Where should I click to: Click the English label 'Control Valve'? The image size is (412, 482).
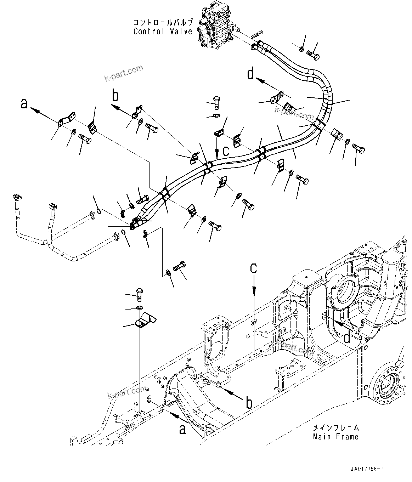[x=163, y=31]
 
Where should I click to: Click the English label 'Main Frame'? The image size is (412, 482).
[x=335, y=437]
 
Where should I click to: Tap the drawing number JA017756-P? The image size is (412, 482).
[x=366, y=469]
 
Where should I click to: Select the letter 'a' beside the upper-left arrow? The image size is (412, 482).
[x=24, y=103]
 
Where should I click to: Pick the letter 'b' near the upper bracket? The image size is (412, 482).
[x=115, y=96]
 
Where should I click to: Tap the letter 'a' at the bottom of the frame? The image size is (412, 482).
[x=182, y=429]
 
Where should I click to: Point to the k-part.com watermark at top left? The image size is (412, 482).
[x=124, y=73]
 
